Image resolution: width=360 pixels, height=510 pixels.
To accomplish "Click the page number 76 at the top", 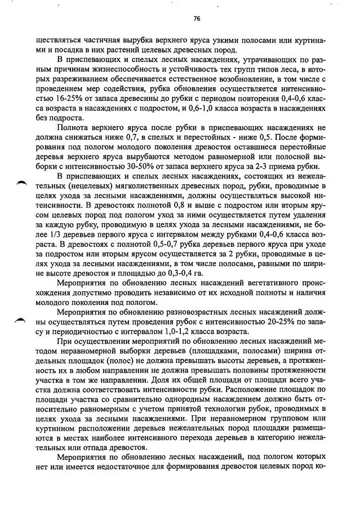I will pyautogui.click(x=196, y=19).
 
